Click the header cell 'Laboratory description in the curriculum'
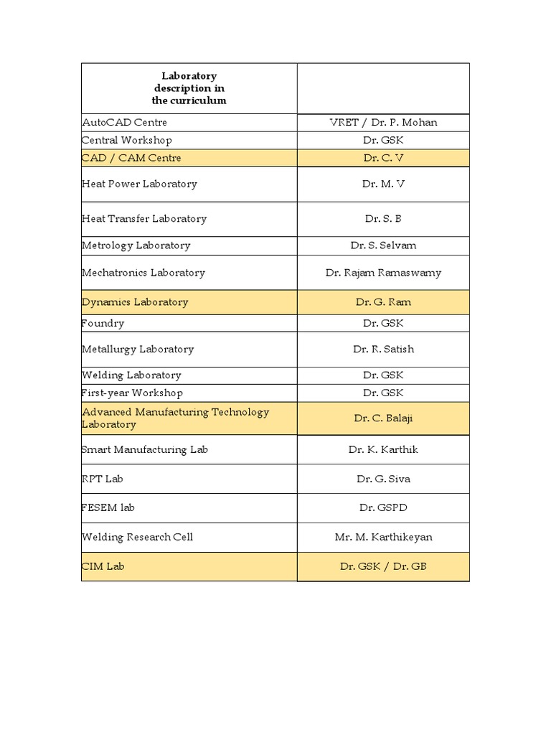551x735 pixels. click(x=189, y=88)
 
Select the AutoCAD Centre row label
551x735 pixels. click(x=124, y=122)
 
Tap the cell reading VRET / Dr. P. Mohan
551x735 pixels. click(x=383, y=122)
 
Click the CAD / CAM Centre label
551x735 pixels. click(x=131, y=158)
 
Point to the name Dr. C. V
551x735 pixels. click(x=383, y=158)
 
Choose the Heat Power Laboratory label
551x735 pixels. click(x=139, y=184)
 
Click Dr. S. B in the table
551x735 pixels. click(x=383, y=219)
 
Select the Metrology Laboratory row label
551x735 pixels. click(x=136, y=245)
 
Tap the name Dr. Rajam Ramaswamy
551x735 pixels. click(x=383, y=273)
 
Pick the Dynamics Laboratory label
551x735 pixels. click(x=135, y=302)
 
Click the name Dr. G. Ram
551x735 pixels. click(x=383, y=302)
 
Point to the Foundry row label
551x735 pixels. click(x=103, y=323)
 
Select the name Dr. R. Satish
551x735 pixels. click(x=383, y=350)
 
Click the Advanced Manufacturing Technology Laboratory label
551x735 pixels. click(x=175, y=418)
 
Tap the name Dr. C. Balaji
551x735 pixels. click(x=383, y=418)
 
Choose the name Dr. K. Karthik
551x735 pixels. click(x=383, y=449)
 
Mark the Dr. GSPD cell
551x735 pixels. click(x=383, y=507)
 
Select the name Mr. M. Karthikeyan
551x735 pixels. click(x=383, y=537)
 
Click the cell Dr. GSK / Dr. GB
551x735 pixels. click(x=383, y=566)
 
